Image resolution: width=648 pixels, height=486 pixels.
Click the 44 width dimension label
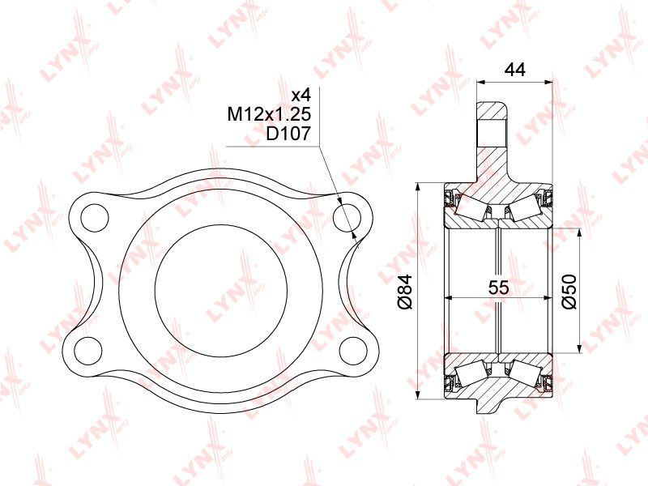[514, 70]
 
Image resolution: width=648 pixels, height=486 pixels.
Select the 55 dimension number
[498, 288]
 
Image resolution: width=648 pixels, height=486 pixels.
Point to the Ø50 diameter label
[569, 291]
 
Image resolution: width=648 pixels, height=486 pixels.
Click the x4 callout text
[301, 96]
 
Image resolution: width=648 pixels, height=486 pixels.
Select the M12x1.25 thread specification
[269, 114]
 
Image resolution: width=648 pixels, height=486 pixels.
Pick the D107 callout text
[288, 134]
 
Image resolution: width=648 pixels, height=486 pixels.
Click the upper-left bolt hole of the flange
[95, 217]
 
